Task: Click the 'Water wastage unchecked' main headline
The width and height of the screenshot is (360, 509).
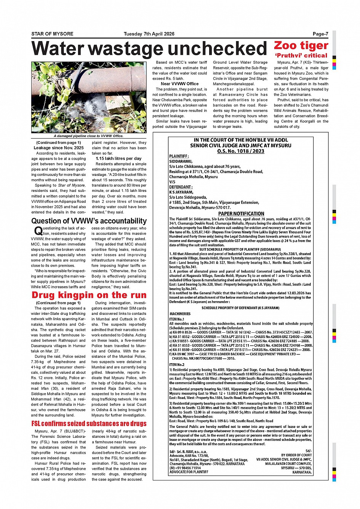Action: pyautogui.click(x=149, y=49)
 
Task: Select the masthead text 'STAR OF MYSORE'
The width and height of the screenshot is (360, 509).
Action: pyautogui.click(x=52, y=34)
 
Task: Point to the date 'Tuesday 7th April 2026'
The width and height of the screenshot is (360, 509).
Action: pyautogui.click(x=149, y=34)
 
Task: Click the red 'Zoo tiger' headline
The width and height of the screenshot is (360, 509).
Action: pyautogui.click(x=301, y=46)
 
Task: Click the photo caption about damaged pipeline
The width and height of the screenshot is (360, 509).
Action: pyautogui.click(x=88, y=136)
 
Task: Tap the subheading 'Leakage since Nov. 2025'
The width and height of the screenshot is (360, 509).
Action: pyautogui.click(x=59, y=148)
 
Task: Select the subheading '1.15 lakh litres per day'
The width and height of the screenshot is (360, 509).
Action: pyautogui.click(x=118, y=158)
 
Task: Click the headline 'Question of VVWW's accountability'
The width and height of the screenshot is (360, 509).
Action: pyautogui.click(x=89, y=221)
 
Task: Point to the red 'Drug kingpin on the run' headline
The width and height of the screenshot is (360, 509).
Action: pyautogui.click(x=89, y=295)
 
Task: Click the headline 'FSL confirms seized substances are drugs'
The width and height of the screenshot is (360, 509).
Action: pyautogui.click(x=89, y=423)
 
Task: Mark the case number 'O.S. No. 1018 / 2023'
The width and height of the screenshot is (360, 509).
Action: pyautogui.click(x=240, y=151)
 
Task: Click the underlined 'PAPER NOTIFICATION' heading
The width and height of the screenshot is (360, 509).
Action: pyautogui.click(x=241, y=214)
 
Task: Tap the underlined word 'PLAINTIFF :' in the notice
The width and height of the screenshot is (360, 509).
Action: pyautogui.click(x=179, y=156)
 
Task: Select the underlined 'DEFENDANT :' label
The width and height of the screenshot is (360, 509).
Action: pyautogui.click(x=181, y=187)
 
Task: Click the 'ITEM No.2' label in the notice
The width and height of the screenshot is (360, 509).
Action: pyautogui.click(x=177, y=364)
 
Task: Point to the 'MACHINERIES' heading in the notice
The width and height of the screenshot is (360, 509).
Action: pyautogui.click(x=180, y=314)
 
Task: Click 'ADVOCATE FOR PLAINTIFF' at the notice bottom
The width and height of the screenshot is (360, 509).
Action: pyautogui.click(x=189, y=472)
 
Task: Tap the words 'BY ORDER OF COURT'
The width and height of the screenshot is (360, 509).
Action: pyautogui.click(x=296, y=455)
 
